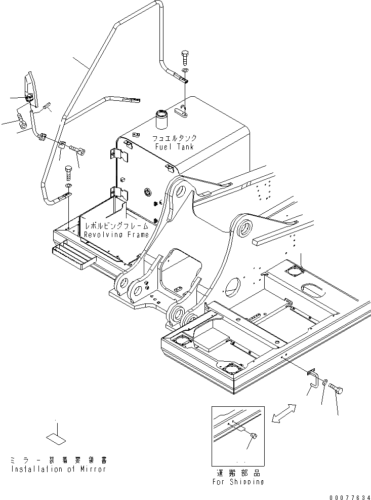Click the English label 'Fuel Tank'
[174, 147]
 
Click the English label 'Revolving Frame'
[116, 235]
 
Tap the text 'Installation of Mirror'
[58, 469]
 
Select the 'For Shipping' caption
[238, 481]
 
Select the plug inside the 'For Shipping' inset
[254, 436]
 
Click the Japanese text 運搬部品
[238, 472]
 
